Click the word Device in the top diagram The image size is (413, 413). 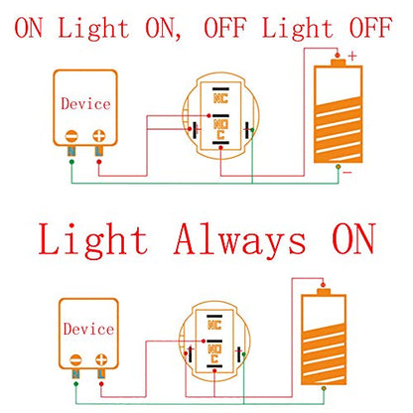click(85, 103)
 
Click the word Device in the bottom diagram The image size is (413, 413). click(88, 329)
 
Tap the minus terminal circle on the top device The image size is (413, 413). click(71, 136)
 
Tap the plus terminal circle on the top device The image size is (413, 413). click(99, 136)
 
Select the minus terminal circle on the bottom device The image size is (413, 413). click(75, 360)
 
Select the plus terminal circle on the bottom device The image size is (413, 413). click(101, 360)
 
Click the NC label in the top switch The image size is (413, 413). click(220, 98)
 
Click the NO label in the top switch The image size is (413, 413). click(220, 124)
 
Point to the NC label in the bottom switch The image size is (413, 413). click(214, 325)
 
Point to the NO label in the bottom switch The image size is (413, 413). click(214, 348)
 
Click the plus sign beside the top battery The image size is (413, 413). click(352, 56)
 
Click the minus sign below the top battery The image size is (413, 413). click(347, 173)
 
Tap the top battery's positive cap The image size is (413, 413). click(338, 63)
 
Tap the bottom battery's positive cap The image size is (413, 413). click(324, 292)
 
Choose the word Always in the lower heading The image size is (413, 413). click(239, 239)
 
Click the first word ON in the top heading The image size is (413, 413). click(29, 28)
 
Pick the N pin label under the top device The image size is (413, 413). click(71, 151)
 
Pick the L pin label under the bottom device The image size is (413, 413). click(101, 374)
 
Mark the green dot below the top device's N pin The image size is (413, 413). click(71, 162)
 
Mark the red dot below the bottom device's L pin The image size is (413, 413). click(101, 384)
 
